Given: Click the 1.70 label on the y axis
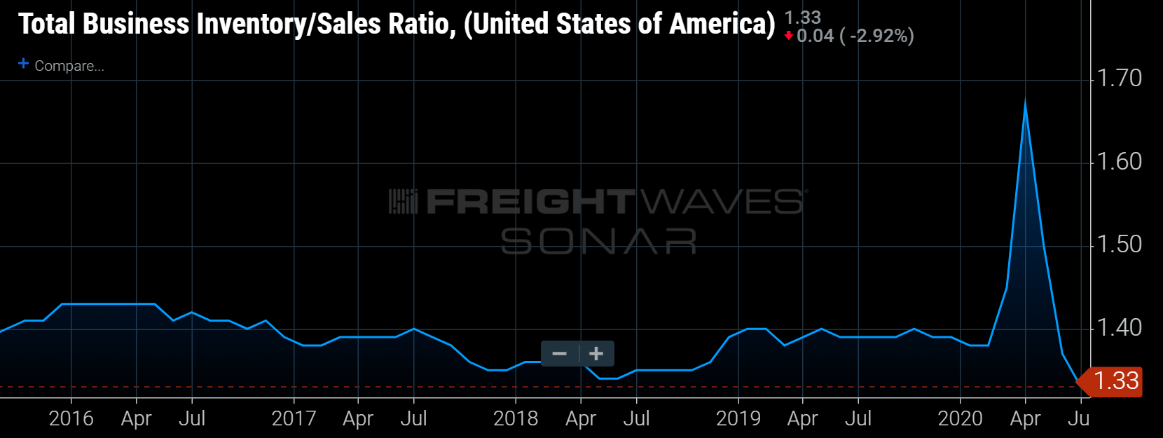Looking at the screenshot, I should [x=1119, y=78].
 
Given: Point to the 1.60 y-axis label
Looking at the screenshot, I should [x=1119, y=161].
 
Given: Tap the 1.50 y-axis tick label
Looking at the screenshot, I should [x=1119, y=244].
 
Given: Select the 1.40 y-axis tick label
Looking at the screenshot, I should [x=1119, y=327].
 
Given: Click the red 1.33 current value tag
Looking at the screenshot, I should [x=1115, y=381].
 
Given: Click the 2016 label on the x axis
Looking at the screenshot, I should [x=71, y=418].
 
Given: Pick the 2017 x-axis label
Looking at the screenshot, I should [x=294, y=418].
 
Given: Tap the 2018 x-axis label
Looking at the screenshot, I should [x=516, y=418].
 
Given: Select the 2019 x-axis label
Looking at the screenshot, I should [x=738, y=418].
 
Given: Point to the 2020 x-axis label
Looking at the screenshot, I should [x=961, y=418].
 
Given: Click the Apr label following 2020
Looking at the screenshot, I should [x=1025, y=418].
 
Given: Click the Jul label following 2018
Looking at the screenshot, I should [x=636, y=418].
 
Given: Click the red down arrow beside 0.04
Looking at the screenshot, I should [x=789, y=36].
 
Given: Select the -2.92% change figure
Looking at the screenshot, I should [x=881, y=36].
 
